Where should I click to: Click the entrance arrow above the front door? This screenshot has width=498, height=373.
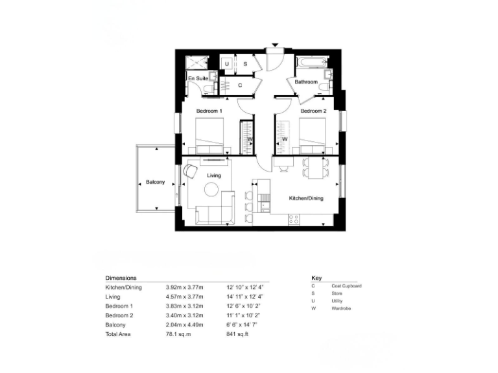pyautogui.click(x=276, y=45)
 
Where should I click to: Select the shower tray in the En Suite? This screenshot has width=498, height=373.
pyautogui.click(x=195, y=62)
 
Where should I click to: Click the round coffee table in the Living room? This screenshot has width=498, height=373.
pyautogui.click(x=212, y=189)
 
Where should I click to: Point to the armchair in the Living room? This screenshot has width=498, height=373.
pyautogui.click(x=191, y=171)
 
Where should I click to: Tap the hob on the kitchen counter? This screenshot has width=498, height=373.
pyautogui.click(x=293, y=219)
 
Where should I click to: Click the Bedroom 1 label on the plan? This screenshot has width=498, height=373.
pyautogui.click(x=209, y=111)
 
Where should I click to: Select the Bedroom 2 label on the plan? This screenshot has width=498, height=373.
pyautogui.click(x=313, y=111)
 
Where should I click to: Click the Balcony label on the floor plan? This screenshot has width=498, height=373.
pyautogui.click(x=155, y=183)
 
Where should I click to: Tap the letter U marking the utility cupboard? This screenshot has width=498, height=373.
pyautogui.click(x=227, y=64)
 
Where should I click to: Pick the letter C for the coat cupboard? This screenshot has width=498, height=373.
pyautogui.click(x=240, y=85)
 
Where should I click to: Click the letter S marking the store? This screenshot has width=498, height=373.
pyautogui.click(x=245, y=64)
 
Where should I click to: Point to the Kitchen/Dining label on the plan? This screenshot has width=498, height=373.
pyautogui.click(x=306, y=199)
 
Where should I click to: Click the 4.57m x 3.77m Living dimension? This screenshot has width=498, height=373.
pyautogui.click(x=184, y=297)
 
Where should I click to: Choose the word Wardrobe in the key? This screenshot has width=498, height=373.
pyautogui.click(x=341, y=309)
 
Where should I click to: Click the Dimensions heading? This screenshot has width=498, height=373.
pyautogui.click(x=121, y=277)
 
